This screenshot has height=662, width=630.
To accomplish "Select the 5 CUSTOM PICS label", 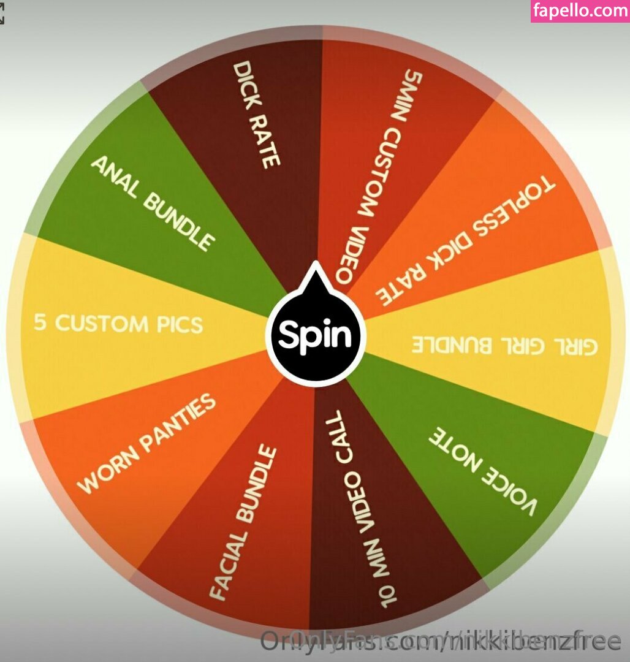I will tap(118, 323).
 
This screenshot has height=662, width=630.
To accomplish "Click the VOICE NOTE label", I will tap(482, 471).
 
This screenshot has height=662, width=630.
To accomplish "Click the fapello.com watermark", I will tap(580, 11).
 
